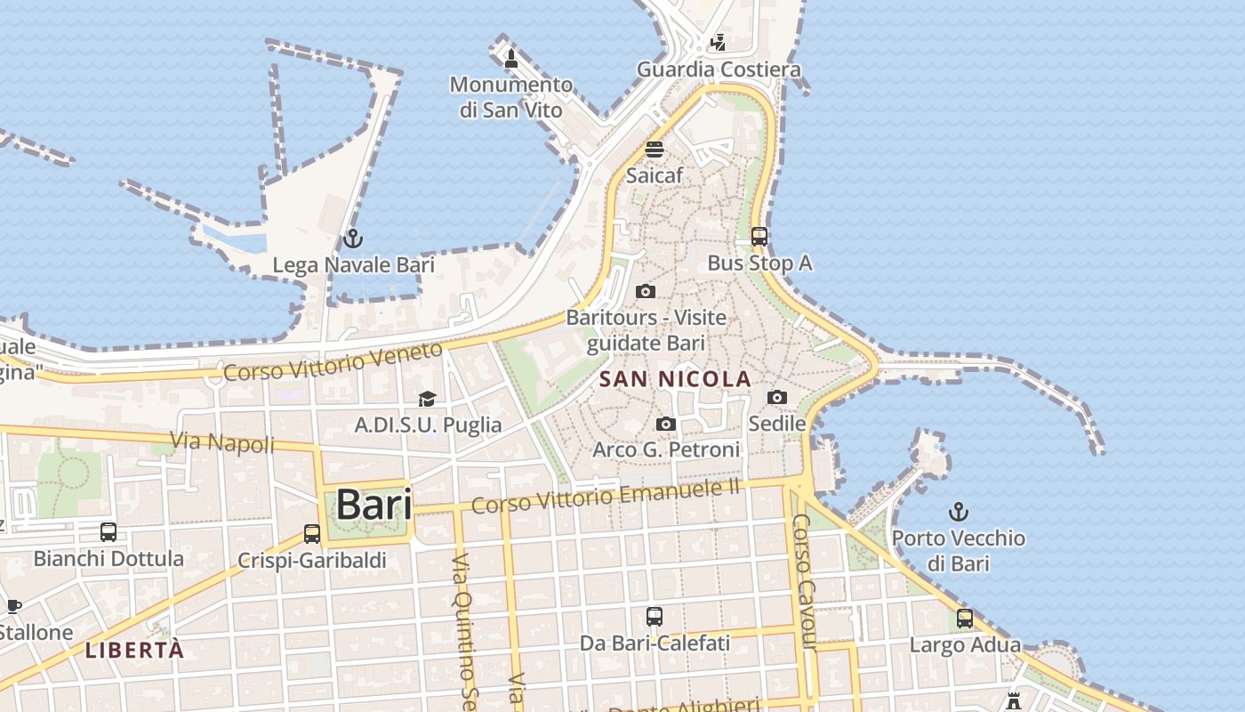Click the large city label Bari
tap(373, 505)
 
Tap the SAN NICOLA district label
tap(675, 379)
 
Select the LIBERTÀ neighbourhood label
tap(134, 650)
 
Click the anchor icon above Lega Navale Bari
tap(353, 239)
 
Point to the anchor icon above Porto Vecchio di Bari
tap(958, 512)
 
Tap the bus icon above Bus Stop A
tap(759, 237)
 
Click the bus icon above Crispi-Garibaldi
tap(312, 534)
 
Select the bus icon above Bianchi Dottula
tap(108, 532)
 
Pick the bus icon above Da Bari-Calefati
tap(655, 616)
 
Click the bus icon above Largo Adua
tap(965, 619)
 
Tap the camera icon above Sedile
tap(777, 397)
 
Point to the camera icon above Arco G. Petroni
tap(666, 424)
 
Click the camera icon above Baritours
tap(646, 291)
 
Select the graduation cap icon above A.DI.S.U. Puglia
tap(428, 399)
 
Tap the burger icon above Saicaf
tap(655, 149)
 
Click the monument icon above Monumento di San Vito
tap(510, 59)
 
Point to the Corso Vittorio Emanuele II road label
tap(606, 496)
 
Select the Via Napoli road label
tap(221, 441)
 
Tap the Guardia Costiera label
tap(719, 69)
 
